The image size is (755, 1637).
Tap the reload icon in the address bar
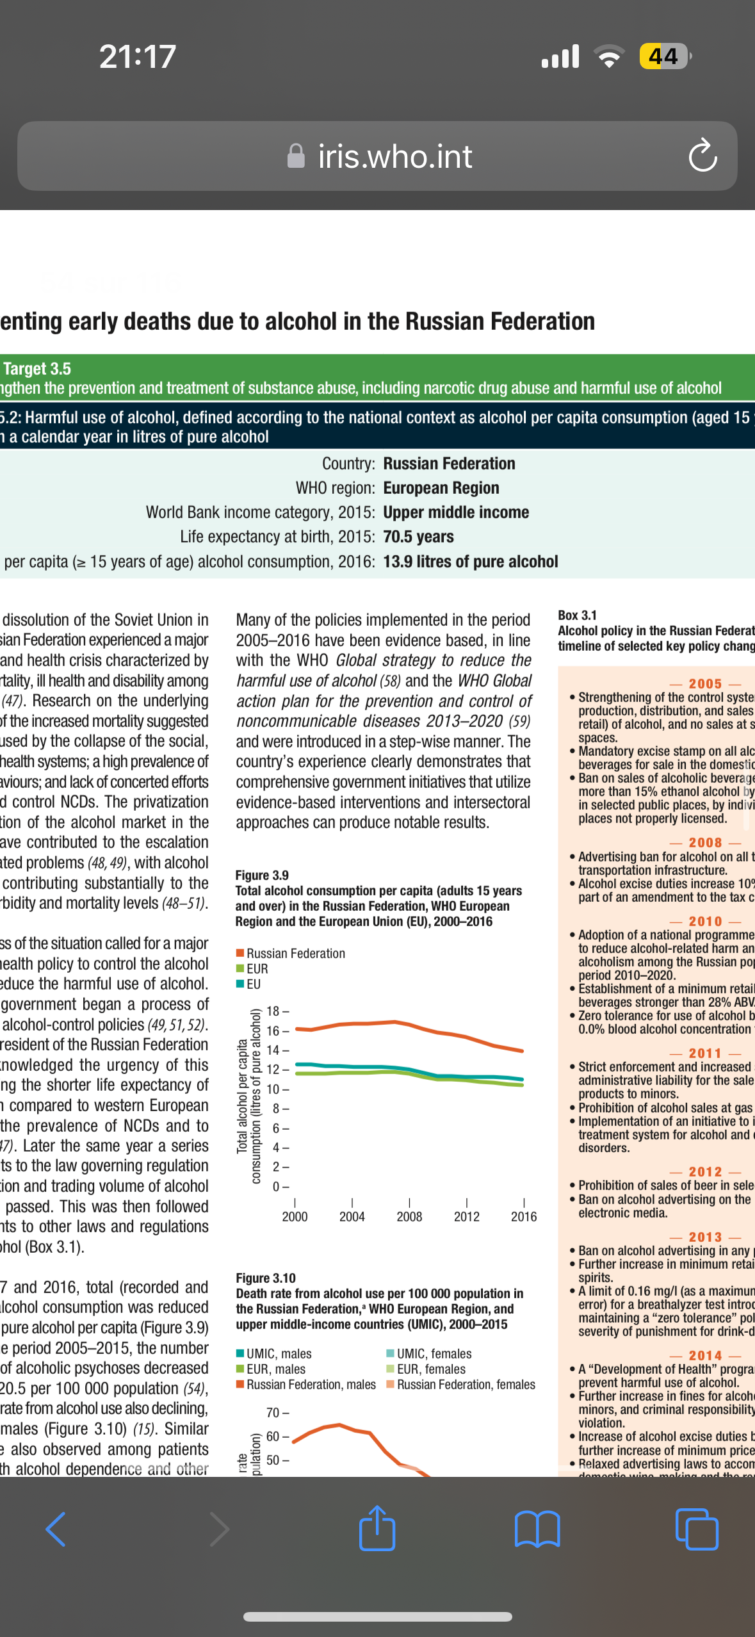click(702, 156)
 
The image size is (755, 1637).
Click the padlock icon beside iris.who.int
click(296, 156)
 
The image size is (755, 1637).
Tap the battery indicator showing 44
click(664, 56)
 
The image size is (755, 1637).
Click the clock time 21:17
click(138, 56)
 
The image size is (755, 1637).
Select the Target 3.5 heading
click(37, 369)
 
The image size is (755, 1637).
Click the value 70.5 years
click(418, 537)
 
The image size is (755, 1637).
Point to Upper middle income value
click(456, 512)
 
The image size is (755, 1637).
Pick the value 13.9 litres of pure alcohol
click(471, 562)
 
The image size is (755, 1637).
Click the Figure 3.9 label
click(262, 875)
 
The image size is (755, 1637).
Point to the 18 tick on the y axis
click(273, 1011)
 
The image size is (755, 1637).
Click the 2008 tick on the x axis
click(409, 1216)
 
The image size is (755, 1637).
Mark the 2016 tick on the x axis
click(523, 1216)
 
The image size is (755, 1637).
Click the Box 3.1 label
click(577, 615)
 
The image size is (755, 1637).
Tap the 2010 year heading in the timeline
click(705, 921)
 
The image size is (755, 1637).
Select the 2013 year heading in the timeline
click(705, 1237)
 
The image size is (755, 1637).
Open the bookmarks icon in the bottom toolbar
click(537, 1529)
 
